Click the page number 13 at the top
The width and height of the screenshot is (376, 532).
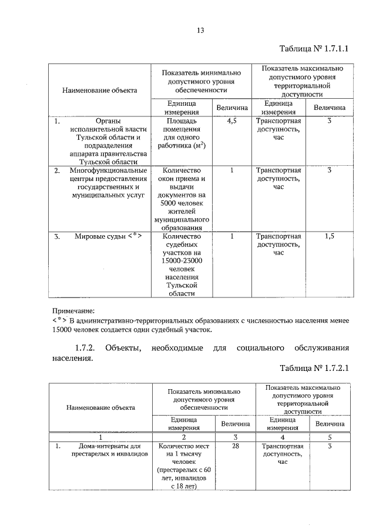pos(200,30)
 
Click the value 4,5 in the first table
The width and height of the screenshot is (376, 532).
pos(231,121)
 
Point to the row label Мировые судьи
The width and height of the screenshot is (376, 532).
pos(108,237)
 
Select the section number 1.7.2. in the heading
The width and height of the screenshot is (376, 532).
pos(86,347)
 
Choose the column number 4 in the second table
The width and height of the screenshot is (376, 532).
pos(282,437)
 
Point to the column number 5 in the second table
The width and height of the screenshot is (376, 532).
pos(330,437)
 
